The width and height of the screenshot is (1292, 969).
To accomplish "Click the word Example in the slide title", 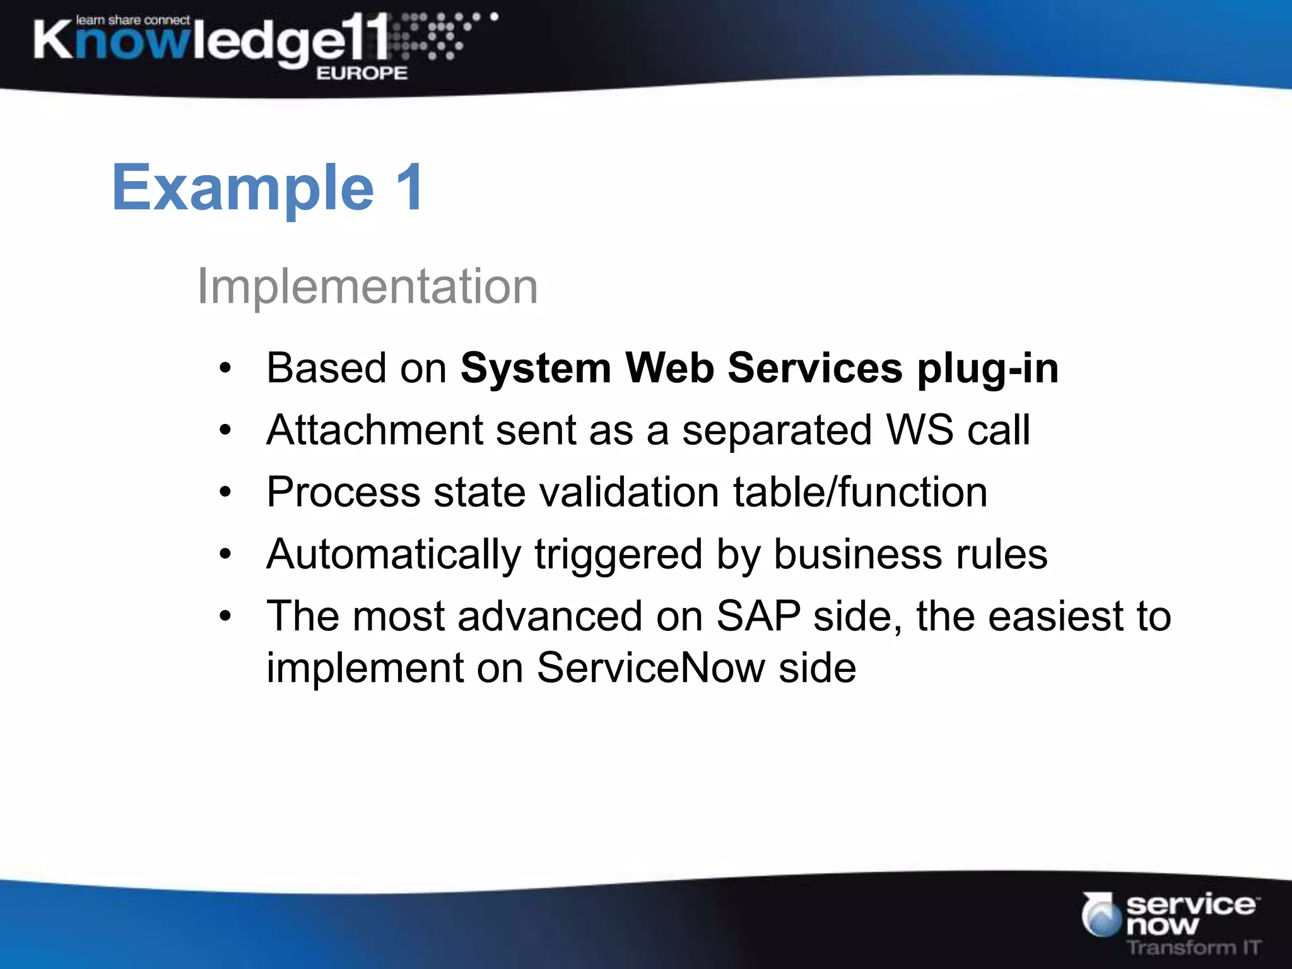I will [x=243, y=188].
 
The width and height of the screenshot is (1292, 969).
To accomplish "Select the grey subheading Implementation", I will [x=367, y=286].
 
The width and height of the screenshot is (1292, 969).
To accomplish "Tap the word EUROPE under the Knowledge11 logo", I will [x=361, y=73].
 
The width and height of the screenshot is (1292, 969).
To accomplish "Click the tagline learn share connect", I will [x=132, y=20].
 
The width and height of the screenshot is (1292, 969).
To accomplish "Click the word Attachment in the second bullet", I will [x=375, y=430].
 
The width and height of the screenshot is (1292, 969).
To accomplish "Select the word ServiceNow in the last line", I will [x=650, y=668].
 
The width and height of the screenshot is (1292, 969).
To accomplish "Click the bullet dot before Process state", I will [x=225, y=493].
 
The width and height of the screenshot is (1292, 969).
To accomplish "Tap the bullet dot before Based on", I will [x=225, y=368].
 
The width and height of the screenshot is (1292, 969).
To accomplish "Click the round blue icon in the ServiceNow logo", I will [x=1101, y=915].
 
